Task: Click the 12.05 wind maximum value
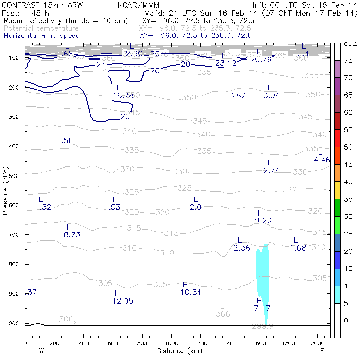pos(123,301)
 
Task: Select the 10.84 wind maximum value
pos(191,292)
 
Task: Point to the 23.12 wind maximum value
pos(226,63)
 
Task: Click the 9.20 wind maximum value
pos(263,221)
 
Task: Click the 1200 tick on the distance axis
pos(201,343)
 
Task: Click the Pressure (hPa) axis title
pos(5,190)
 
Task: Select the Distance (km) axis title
pos(178,351)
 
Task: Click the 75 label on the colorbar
pos(348,61)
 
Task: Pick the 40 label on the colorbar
pos(348,182)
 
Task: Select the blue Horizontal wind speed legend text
pos(41,36)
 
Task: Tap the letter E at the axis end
pos(322,350)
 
